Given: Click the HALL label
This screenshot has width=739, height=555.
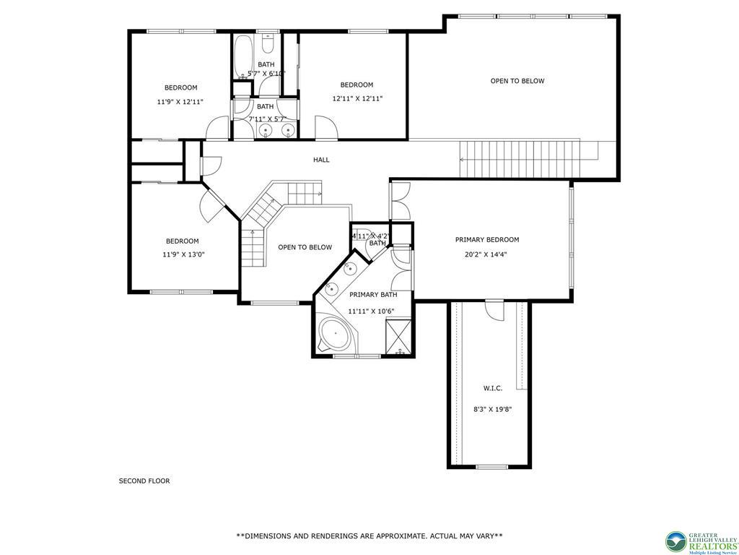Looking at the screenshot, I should point(321,160).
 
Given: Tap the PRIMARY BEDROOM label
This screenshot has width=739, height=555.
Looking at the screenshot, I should point(486,240).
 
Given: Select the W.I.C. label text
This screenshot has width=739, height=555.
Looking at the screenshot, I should point(493,388).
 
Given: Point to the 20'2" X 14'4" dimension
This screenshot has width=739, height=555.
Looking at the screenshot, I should point(486,254).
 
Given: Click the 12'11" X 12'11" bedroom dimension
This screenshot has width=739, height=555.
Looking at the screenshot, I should point(357,99).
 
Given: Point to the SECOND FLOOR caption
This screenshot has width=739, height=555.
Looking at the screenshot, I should point(144,481).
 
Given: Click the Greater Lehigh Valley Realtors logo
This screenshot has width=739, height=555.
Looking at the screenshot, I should point(701,541).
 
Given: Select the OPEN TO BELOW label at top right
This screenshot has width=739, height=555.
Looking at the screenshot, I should point(517,81).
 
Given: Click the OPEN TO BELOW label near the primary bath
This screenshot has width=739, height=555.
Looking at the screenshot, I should point(305,247).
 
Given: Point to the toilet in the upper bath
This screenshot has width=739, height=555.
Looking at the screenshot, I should point(267,46).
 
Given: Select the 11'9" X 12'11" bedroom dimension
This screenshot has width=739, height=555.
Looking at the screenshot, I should point(180,102).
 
